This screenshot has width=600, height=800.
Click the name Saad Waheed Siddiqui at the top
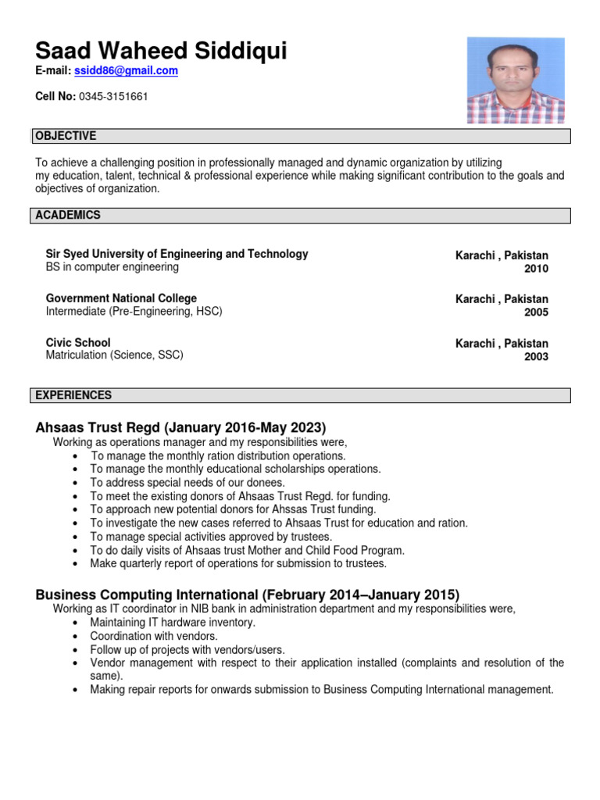(x=161, y=52)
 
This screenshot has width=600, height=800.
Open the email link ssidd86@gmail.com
(x=126, y=70)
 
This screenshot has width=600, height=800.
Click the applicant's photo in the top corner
(x=515, y=80)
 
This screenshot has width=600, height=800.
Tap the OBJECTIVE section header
(x=66, y=136)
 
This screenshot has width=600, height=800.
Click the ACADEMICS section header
(x=68, y=215)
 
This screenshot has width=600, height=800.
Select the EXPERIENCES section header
(x=73, y=395)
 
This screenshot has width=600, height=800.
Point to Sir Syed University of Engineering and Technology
(x=177, y=254)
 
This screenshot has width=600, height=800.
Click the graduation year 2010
(x=536, y=269)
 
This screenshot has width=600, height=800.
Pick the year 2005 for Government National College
(x=536, y=312)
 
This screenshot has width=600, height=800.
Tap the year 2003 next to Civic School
(x=536, y=357)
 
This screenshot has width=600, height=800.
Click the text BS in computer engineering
(x=112, y=267)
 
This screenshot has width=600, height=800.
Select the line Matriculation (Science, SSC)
(x=115, y=355)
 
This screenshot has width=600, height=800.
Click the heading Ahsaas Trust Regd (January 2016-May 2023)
(x=180, y=427)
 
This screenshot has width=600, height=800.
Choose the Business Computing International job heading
(x=248, y=594)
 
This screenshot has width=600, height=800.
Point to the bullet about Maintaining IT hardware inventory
(x=173, y=623)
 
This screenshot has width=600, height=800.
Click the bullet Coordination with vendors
(x=154, y=636)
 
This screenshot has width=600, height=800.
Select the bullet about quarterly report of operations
(x=238, y=563)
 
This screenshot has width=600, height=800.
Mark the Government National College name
(x=121, y=298)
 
